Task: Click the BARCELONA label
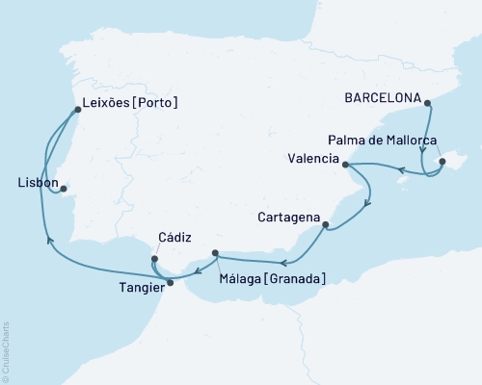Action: (x=383, y=98)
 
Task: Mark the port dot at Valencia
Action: (x=345, y=165)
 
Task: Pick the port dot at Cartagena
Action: (x=326, y=225)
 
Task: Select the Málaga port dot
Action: (x=215, y=254)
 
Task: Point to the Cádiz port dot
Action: (x=153, y=258)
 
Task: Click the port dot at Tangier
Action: (x=171, y=282)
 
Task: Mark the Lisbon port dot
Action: (x=64, y=189)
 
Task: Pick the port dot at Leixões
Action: (x=79, y=108)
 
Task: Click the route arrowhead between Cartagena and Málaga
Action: (x=281, y=262)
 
